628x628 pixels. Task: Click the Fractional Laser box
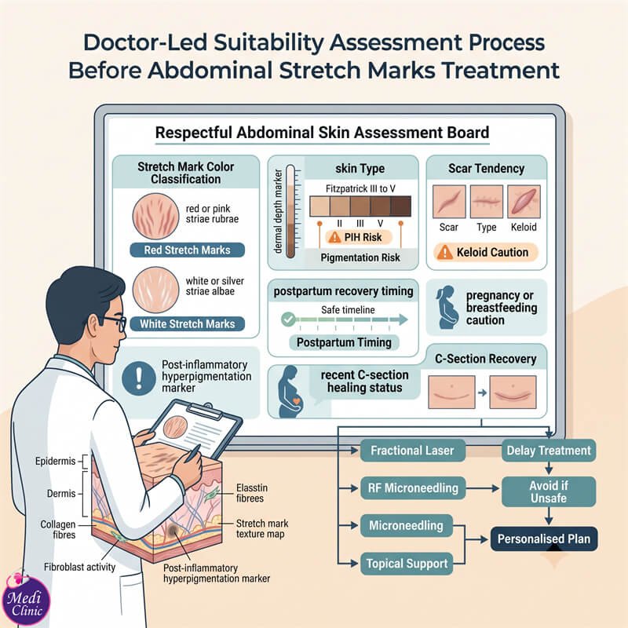click(413, 451)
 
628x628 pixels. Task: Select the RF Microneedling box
click(413, 487)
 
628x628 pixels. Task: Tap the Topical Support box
click(407, 564)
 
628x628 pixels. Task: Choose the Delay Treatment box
click(549, 451)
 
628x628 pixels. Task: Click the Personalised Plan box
click(544, 539)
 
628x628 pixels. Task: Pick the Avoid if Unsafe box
click(549, 492)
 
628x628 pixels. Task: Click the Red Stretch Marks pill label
click(187, 250)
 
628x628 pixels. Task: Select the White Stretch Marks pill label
click(187, 323)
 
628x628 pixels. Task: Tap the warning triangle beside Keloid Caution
click(444, 252)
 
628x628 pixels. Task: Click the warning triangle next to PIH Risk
click(334, 237)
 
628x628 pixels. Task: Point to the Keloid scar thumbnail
click(524, 202)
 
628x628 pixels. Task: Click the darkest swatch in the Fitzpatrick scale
click(400, 206)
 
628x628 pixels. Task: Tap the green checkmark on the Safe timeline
click(288, 319)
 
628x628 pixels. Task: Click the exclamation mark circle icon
click(139, 378)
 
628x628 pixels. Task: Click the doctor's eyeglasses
click(114, 323)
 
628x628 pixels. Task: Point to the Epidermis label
click(55, 461)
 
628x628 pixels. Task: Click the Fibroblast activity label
click(80, 567)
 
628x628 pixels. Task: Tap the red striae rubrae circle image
click(155, 217)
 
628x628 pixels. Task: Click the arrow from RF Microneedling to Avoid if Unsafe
click(483, 488)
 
